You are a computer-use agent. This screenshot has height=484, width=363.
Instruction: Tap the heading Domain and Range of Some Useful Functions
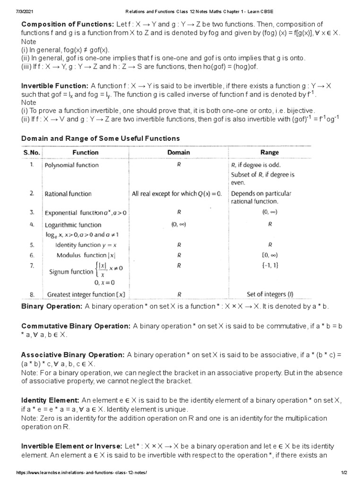point(101,138)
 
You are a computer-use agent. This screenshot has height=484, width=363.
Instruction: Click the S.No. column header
point(33,153)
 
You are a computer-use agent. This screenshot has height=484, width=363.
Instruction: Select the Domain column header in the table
point(179,153)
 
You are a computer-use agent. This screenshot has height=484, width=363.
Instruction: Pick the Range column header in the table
point(269,153)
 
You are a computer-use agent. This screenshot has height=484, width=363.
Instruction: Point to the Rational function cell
point(68,194)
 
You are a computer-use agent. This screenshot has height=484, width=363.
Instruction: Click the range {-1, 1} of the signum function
point(269,266)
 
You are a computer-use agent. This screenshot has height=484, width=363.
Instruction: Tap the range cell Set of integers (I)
point(269,294)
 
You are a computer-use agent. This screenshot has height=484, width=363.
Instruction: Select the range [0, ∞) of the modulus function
point(269,255)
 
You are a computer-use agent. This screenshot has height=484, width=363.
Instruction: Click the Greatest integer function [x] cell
point(86,294)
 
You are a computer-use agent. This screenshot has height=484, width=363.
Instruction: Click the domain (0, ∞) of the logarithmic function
point(179,225)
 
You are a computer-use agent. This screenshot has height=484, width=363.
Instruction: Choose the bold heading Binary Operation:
point(52,306)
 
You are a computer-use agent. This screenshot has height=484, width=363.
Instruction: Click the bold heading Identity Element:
point(50,400)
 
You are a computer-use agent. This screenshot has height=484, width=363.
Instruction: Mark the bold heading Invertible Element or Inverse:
point(72,446)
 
